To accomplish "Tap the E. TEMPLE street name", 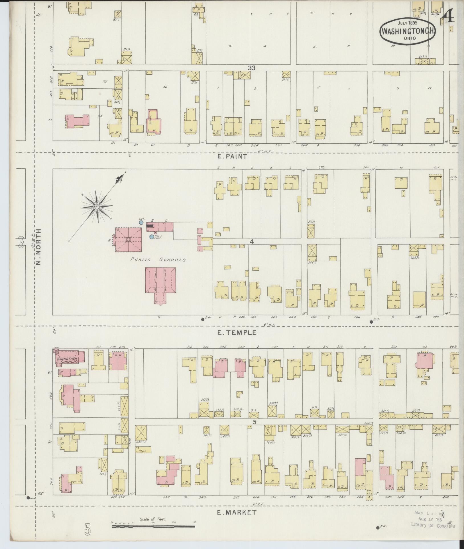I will pyautogui.click(x=237, y=332).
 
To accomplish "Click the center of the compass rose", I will pyautogui.click(x=97, y=206).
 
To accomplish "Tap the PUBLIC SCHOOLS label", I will pyautogui.click(x=158, y=260).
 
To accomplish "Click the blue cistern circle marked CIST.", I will pyautogui.click(x=141, y=222).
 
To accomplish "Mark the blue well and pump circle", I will pyautogui.click(x=151, y=237).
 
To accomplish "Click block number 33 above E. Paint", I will pyautogui.click(x=251, y=68).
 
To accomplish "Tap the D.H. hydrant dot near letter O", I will pyautogui.click(x=203, y=319).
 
